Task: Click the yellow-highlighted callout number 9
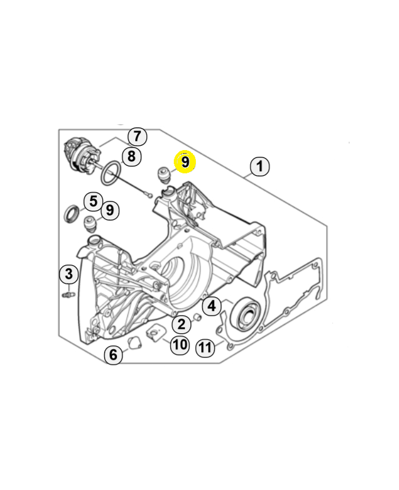point(185,162)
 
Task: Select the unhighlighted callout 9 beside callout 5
point(109,210)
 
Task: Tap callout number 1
point(259,165)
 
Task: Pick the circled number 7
point(136,136)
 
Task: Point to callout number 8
point(130,156)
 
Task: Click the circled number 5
point(92,200)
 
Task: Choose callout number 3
point(69,273)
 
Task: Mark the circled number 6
point(113,354)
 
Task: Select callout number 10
point(179,344)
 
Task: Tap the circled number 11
point(205,348)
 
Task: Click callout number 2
point(181,324)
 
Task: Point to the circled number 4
point(211,305)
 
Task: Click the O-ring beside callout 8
point(110,173)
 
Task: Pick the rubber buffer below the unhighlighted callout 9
point(92,224)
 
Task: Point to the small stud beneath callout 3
point(68,295)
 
